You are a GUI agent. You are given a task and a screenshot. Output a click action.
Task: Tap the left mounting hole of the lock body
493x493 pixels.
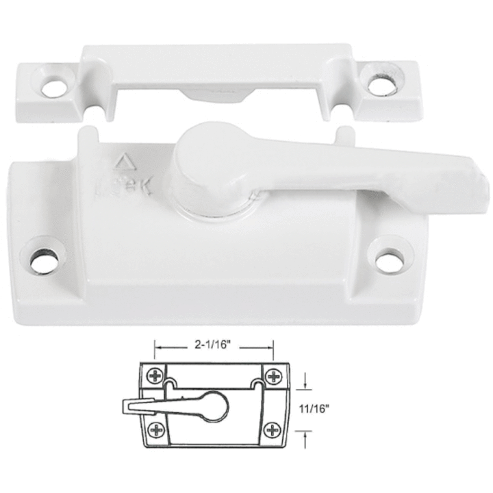(x=44, y=260)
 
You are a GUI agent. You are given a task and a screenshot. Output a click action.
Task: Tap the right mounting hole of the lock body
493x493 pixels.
(x=388, y=260)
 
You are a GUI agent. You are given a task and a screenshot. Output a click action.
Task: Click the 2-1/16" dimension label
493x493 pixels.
(x=213, y=346)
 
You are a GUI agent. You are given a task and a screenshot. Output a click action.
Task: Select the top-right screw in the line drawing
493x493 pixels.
(x=273, y=376)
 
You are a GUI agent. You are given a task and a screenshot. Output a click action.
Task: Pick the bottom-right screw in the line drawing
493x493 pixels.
(x=273, y=430)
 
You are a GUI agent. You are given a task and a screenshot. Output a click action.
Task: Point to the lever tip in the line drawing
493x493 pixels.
(x=129, y=407)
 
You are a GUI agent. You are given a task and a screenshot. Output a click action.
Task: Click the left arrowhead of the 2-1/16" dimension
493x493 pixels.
(x=158, y=347)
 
